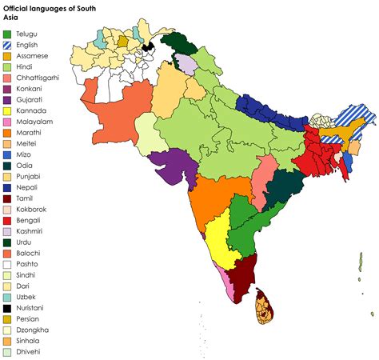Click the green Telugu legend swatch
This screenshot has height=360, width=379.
tap(7, 35)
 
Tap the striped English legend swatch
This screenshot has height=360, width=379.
tap(7, 46)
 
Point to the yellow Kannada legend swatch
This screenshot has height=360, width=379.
tap(7, 121)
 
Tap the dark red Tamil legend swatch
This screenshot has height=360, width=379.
tap(7, 197)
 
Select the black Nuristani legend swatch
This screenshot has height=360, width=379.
tap(7, 306)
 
